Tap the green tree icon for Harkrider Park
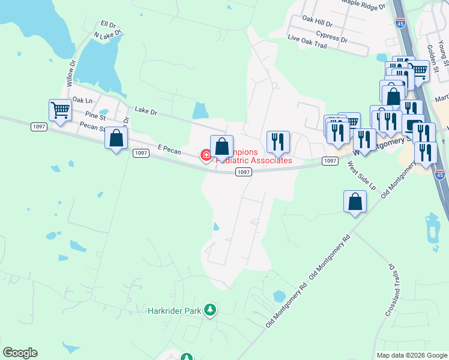pyautogui.click(x=210, y=310)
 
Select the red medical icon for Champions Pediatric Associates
pyautogui.click(x=206, y=156)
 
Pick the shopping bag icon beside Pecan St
pyautogui.click(x=116, y=139)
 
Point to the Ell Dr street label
pyautogui.click(x=108, y=24)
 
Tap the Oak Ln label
pyautogui.click(x=82, y=100)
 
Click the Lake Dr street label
pyautogui.click(x=146, y=110)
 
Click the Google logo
pyautogui.click(x=20, y=353)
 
